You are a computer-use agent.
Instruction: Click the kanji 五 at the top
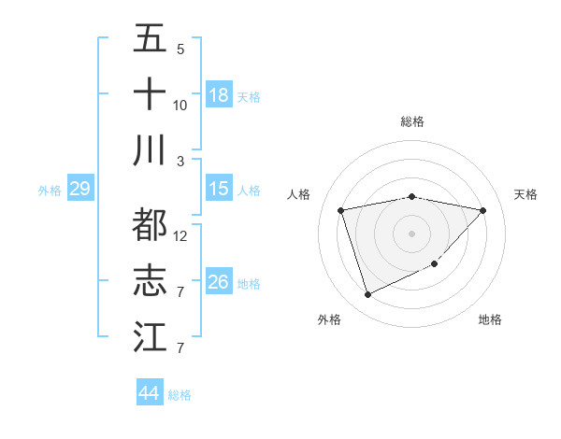pos(150,38)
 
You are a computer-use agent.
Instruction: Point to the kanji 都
pos(150,224)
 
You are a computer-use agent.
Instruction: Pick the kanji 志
pos(150,280)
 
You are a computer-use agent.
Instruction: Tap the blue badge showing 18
pos(219,95)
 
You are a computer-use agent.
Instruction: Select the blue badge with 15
pos(219,190)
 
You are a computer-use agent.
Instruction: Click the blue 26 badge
pos(219,283)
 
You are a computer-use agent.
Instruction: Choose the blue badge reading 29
pos(79,190)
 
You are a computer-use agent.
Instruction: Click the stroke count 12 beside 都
pos(180,235)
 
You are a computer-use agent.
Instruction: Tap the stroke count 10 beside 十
pos(180,105)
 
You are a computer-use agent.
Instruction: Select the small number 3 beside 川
pos(180,161)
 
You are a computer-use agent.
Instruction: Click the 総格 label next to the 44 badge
pos(180,395)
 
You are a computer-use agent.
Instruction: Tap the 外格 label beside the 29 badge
pos(50,191)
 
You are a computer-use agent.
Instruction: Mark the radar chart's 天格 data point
pos(482,210)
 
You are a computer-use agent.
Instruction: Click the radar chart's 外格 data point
pos(367,295)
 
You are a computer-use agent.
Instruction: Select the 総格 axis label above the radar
pos(412,121)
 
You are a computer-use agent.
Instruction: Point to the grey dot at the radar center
pos(412,233)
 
